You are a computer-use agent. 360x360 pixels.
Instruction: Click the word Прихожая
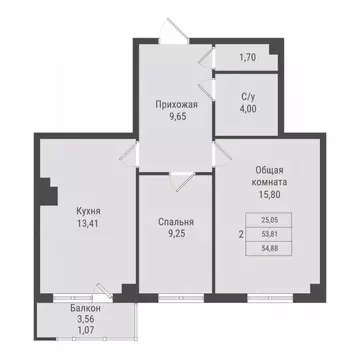[x=174, y=104]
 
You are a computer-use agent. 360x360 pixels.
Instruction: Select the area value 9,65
[x=174, y=116]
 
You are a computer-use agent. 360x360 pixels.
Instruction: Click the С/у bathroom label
[x=247, y=97]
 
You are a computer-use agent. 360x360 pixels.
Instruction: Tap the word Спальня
[x=175, y=222]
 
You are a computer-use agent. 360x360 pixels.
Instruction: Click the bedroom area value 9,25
[x=175, y=235]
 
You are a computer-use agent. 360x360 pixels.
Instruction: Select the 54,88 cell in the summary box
[x=267, y=253]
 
